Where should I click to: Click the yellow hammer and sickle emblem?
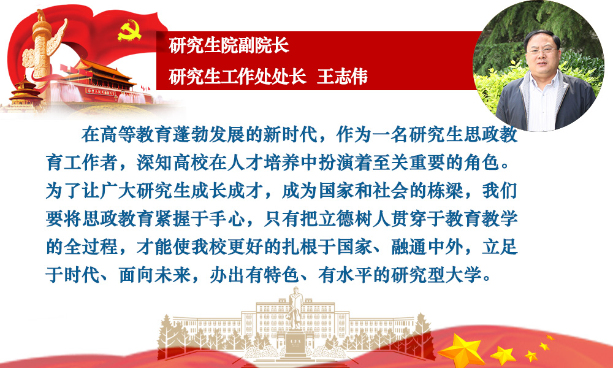(129, 31)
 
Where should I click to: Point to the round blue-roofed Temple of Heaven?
(25, 92)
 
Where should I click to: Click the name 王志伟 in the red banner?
(342, 77)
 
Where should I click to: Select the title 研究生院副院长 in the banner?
(229, 46)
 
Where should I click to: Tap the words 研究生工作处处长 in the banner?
(237, 77)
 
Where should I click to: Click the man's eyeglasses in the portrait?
(542, 50)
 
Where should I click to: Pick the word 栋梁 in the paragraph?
(446, 191)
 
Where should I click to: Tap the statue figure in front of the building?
(295, 309)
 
